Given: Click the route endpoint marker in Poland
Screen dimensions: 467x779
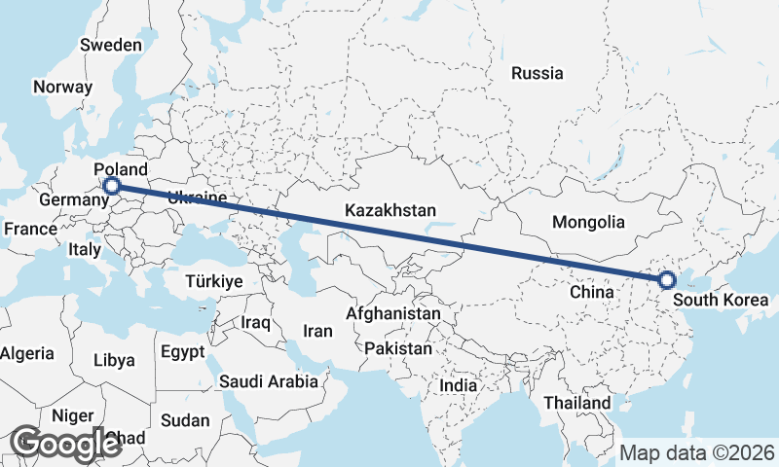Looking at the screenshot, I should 112,186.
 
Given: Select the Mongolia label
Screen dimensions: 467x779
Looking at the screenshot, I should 588,223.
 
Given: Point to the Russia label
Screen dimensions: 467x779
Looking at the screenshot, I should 537,73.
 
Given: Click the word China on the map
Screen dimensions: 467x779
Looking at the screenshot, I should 592,291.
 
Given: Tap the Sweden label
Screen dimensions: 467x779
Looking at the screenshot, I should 111,45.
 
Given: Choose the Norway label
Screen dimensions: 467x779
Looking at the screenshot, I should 62,87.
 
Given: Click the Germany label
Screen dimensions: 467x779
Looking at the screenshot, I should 73,200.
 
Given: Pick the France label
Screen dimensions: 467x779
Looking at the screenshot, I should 30,230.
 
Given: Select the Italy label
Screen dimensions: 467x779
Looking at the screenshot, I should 85,249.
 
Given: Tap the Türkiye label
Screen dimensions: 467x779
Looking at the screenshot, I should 214,281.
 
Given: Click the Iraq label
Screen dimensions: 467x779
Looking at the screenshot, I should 255,322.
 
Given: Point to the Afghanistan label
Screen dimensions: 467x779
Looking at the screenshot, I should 393,315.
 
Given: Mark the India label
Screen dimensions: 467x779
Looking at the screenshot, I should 459,385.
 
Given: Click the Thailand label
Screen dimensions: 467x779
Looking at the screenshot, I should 577,403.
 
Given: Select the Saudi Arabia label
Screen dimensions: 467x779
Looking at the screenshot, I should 269,381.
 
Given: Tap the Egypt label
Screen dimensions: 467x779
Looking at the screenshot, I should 183,351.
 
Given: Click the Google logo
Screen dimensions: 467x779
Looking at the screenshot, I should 65,444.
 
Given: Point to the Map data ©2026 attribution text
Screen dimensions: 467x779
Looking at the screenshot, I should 697,452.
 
